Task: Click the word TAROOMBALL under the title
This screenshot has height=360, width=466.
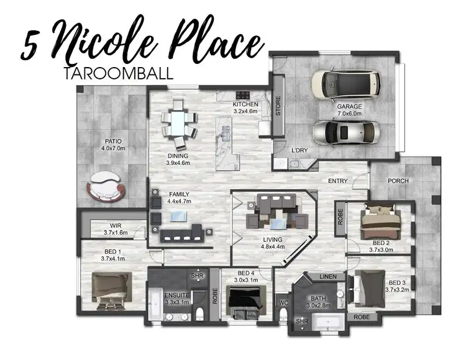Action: click(118, 73)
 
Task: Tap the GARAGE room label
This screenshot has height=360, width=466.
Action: click(350, 106)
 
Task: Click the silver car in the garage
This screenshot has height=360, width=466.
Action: click(344, 132)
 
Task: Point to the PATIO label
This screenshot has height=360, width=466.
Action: click(112, 140)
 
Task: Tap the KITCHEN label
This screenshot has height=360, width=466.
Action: click(245, 104)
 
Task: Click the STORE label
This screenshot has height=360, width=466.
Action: click(278, 106)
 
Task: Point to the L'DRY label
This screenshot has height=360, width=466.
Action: click(300, 150)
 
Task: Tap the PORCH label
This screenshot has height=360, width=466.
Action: click(398, 181)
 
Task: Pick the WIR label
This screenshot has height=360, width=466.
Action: click(116, 225)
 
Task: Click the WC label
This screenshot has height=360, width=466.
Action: click(284, 303)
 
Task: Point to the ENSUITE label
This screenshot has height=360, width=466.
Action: click(177, 295)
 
